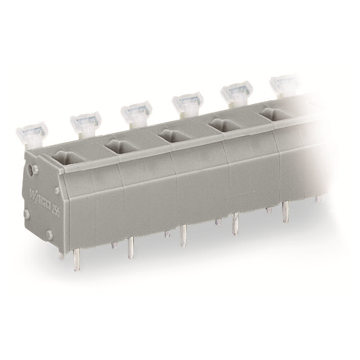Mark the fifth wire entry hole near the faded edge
coord(274,114)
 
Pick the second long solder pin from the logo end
coord(130,247)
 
